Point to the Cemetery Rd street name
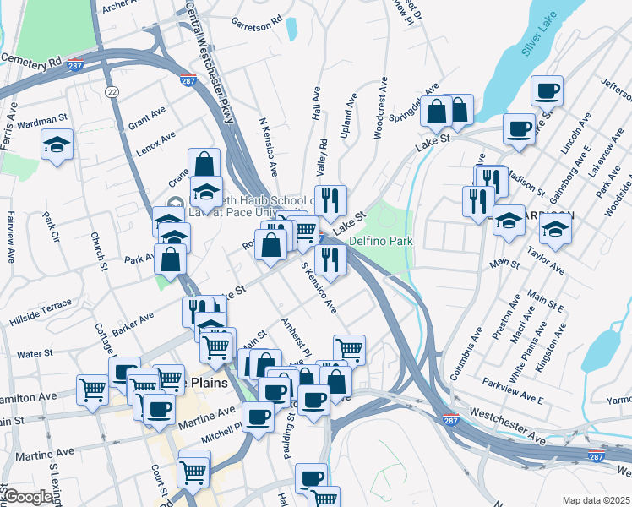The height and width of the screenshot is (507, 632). point(32,62)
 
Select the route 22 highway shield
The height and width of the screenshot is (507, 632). point(112,90)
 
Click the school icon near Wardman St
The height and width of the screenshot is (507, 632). point(57,145)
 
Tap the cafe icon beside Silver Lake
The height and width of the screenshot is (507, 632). point(547,91)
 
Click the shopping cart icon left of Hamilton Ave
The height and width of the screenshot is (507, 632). point(92,390)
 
